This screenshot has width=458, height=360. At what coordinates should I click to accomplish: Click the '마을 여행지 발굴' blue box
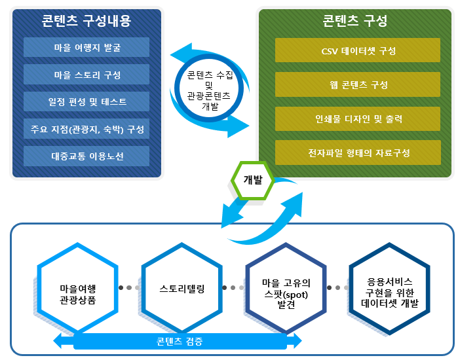[86, 47]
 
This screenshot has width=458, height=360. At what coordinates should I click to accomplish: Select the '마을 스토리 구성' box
[86, 75]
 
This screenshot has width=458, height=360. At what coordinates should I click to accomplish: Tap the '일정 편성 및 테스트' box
[86, 101]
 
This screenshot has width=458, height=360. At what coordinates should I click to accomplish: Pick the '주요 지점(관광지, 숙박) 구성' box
[86, 129]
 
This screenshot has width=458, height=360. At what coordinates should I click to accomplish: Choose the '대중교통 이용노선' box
[86, 156]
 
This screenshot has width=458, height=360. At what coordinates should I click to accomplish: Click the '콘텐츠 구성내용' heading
[86, 21]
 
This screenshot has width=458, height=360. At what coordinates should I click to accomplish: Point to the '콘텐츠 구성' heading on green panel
[355, 21]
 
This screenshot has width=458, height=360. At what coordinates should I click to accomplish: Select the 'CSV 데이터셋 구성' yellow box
[358, 50]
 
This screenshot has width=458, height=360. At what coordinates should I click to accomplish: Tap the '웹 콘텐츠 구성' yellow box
[358, 84]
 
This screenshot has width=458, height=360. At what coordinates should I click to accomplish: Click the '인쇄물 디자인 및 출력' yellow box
[358, 118]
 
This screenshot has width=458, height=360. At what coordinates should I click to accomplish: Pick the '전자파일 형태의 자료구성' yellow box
[358, 153]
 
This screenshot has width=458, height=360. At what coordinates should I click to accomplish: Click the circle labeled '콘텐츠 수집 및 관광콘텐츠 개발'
[209, 88]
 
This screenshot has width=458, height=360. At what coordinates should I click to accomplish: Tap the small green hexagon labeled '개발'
[253, 180]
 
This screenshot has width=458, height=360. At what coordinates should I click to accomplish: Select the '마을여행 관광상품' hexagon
[78, 288]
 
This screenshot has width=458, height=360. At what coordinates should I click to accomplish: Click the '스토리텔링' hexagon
[182, 288]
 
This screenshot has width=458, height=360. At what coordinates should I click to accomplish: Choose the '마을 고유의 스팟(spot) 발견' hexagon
[286, 288]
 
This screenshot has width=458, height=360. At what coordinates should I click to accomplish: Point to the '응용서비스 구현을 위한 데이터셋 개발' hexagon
[390, 288]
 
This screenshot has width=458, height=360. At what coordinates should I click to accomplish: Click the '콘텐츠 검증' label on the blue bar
[180, 341]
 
